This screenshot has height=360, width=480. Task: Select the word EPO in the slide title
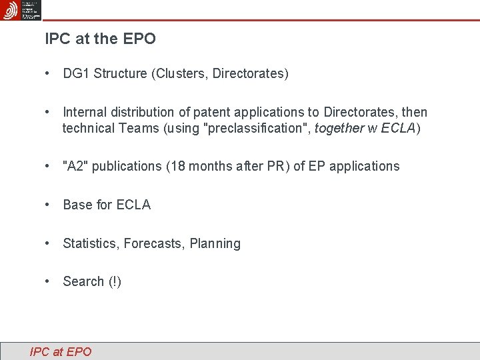139,39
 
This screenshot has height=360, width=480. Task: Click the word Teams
141,128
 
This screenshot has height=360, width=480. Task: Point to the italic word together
339,128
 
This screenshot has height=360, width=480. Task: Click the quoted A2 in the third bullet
75,166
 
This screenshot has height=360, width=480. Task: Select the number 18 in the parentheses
177,166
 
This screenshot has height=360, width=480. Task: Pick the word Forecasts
155,243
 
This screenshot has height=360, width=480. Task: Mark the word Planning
215,243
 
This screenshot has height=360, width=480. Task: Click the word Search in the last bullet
83,281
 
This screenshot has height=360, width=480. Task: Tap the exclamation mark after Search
115,281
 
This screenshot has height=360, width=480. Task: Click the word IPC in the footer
39,351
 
